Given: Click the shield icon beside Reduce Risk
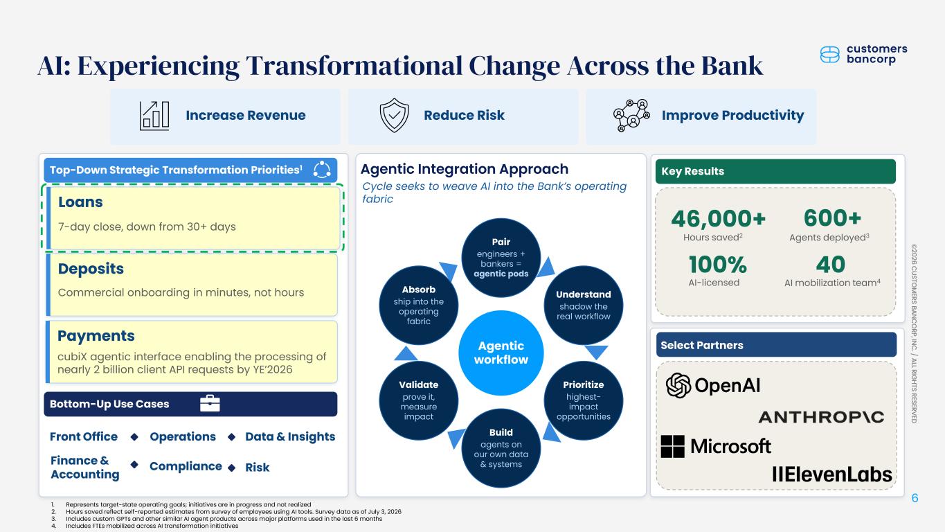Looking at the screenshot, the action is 394,115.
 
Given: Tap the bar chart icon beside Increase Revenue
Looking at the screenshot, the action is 154,116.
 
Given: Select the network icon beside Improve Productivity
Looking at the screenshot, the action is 631,115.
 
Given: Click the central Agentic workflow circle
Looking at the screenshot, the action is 501,353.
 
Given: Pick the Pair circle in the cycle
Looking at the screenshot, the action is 501,258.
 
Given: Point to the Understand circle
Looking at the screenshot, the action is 583,305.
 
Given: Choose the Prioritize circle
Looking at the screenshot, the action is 583,400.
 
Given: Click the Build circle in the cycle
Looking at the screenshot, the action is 501,448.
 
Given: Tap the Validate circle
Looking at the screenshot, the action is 418,400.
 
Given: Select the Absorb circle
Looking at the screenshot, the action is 418,305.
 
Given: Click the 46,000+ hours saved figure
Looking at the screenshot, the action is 718,219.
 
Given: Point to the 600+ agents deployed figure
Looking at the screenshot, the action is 832,218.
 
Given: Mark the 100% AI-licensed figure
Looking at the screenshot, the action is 718,265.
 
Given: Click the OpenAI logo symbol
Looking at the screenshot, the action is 678,385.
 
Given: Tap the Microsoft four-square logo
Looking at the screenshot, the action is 672,446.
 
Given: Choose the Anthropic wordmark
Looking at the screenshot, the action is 821,417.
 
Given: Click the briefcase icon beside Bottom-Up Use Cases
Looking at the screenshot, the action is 210,403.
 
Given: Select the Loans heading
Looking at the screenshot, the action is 80,202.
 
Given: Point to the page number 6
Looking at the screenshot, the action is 915,498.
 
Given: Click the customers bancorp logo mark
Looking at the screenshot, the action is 829,55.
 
